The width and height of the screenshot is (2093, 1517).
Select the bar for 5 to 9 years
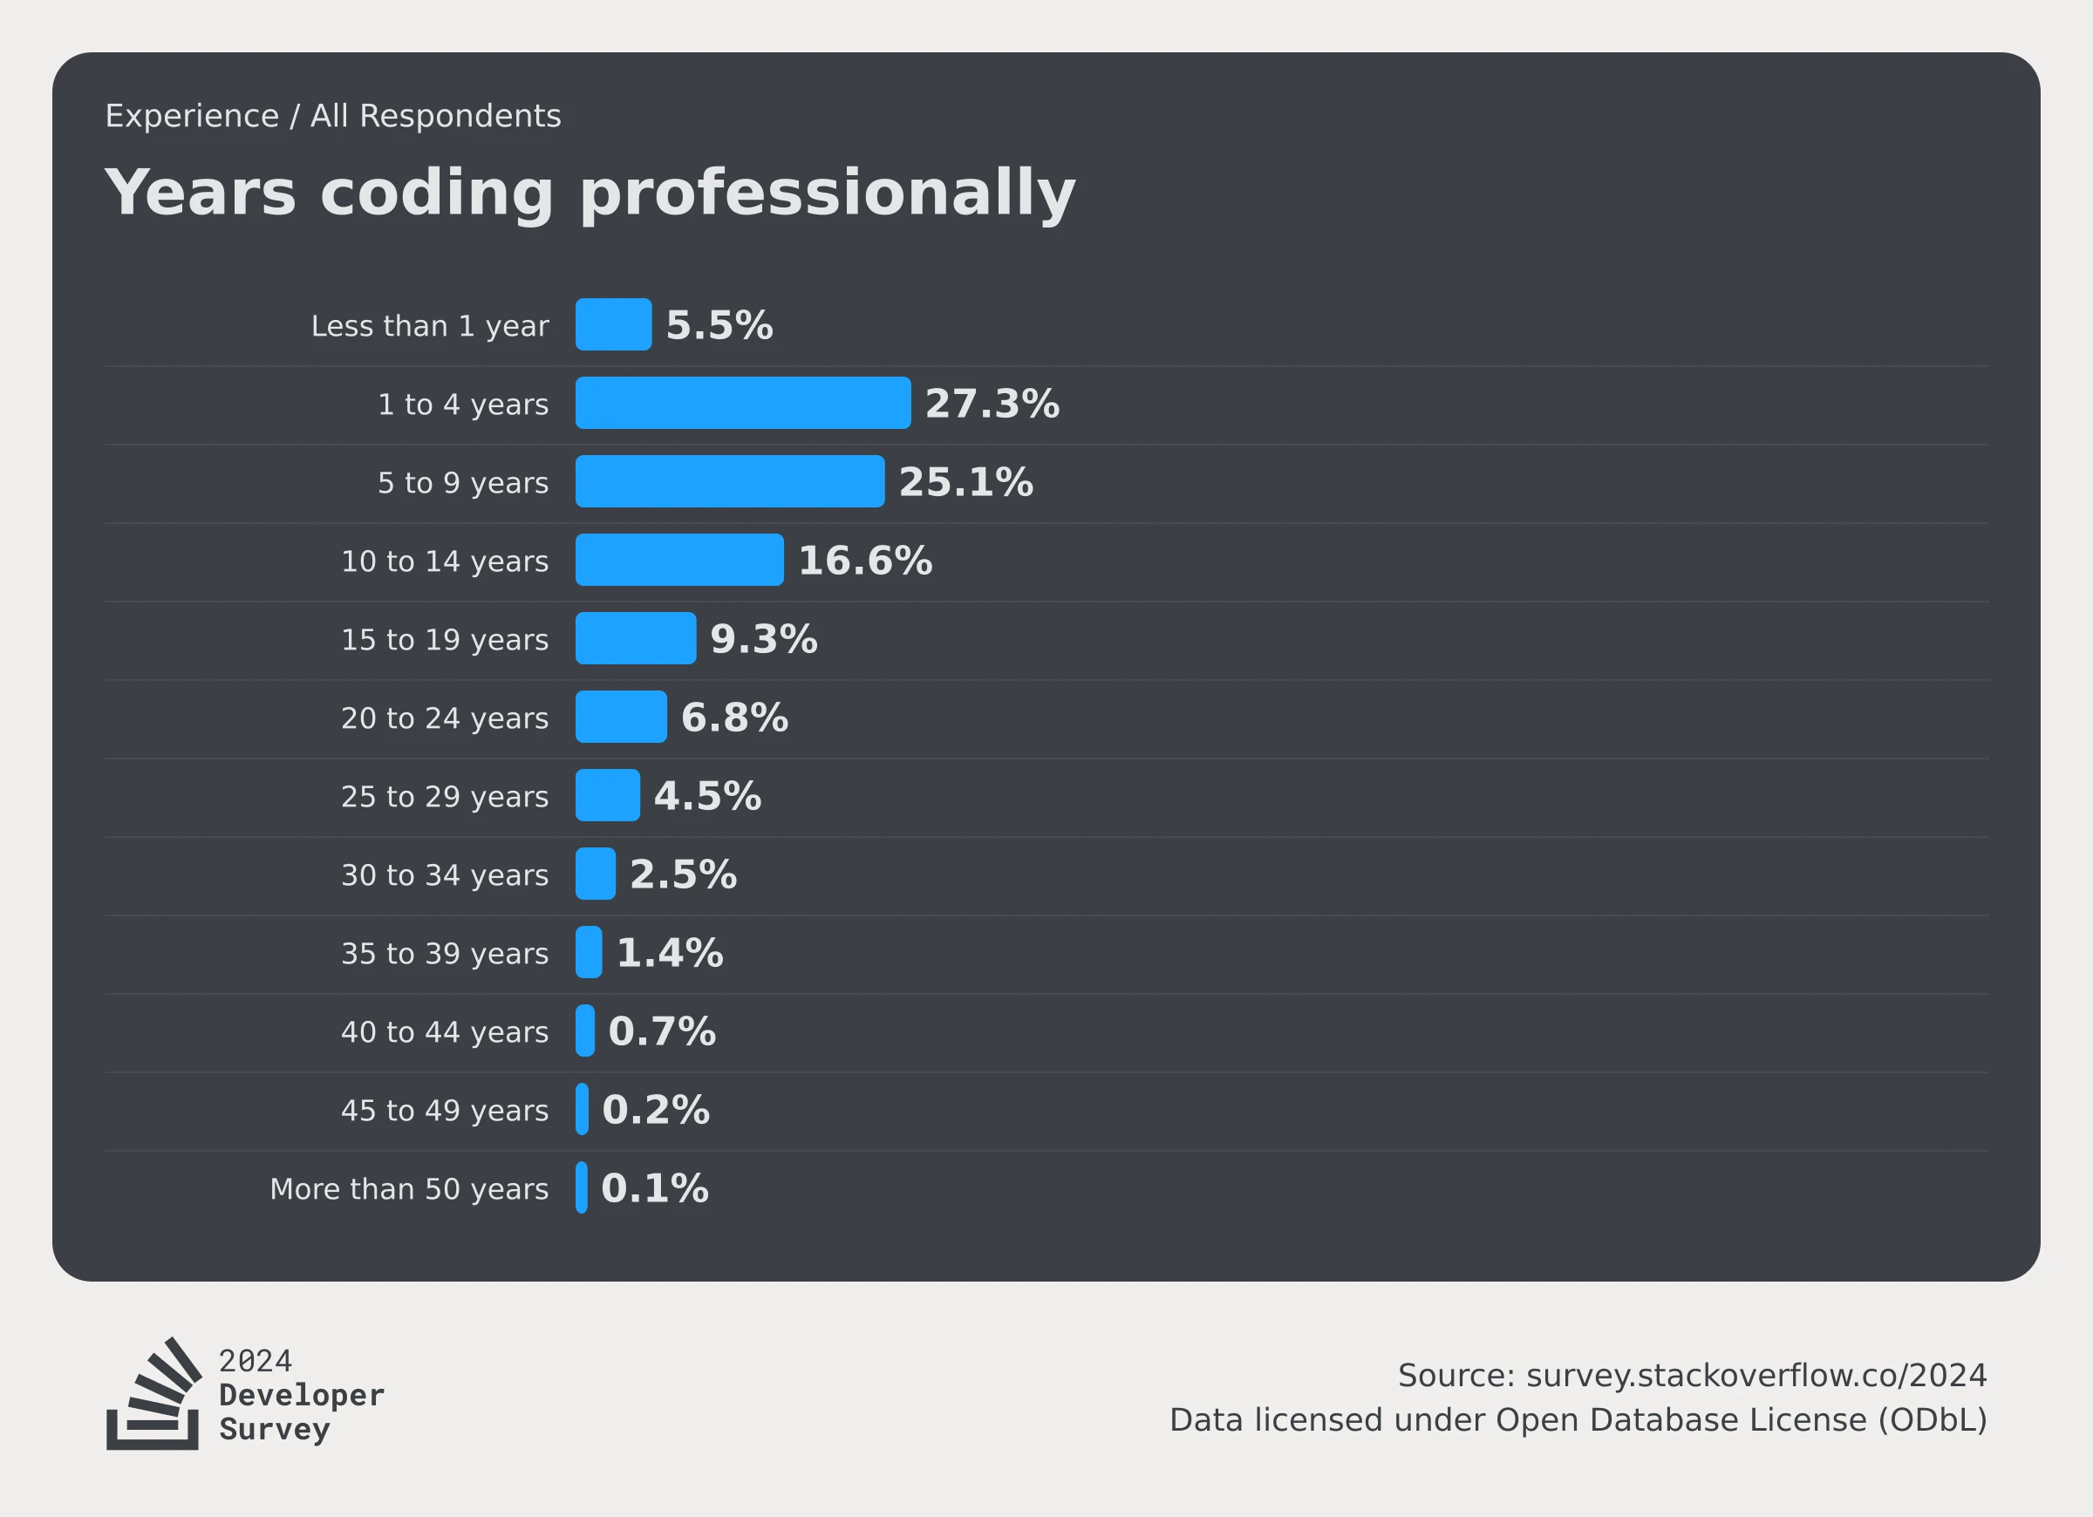(729, 480)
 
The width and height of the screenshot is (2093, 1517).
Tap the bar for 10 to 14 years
(679, 559)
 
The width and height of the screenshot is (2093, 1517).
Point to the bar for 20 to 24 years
(621, 716)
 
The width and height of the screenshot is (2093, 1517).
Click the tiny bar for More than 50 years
(582, 1187)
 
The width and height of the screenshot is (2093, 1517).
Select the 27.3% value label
(992, 404)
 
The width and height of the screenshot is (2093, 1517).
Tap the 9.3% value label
(763, 638)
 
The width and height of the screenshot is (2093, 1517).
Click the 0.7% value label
(662, 1031)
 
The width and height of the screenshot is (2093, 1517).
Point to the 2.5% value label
(683, 874)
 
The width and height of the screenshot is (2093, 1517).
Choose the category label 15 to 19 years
(445, 639)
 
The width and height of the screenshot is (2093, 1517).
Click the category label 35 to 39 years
(445, 953)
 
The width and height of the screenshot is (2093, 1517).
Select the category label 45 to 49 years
(445, 1110)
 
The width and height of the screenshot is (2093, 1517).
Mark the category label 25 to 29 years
(445, 796)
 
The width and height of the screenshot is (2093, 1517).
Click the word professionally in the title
(827, 194)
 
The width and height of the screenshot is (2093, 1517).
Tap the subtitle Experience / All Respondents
(333, 116)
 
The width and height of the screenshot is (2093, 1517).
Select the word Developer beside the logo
(302, 1394)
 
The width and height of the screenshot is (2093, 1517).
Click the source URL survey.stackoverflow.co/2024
(1756, 1375)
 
